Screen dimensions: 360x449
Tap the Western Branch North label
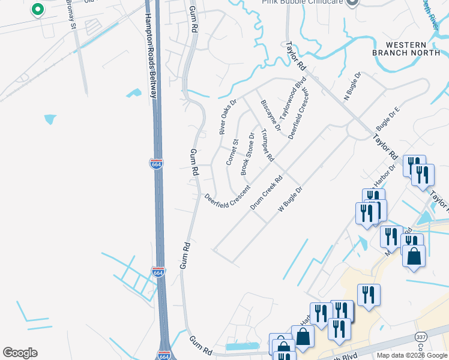[x=407, y=49]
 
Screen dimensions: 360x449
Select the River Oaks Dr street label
[x=228, y=116]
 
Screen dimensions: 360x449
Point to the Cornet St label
[x=232, y=152]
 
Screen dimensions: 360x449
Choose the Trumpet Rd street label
[x=267, y=148]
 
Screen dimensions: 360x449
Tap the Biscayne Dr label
[x=271, y=115]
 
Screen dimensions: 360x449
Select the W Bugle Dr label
[x=291, y=199]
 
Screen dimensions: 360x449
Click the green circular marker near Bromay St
[x=37, y=10]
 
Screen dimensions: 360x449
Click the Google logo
[x=20, y=353]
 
